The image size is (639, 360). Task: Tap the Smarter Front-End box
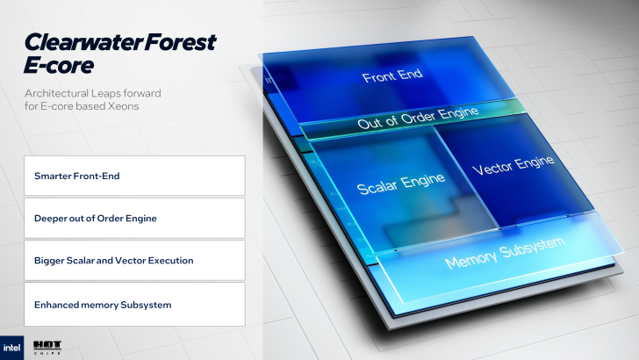click(134, 176)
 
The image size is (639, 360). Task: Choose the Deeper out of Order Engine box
click(134, 218)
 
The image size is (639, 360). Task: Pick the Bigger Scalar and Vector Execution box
click(134, 260)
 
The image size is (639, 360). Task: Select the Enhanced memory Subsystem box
click(134, 304)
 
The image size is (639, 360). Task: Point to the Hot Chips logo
click(46, 347)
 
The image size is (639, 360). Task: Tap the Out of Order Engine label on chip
click(418, 118)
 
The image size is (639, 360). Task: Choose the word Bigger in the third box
click(48, 261)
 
